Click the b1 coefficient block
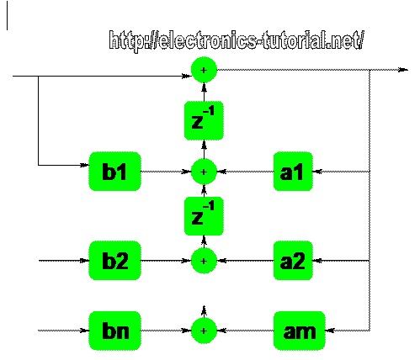[114, 172]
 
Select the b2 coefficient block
[114, 261]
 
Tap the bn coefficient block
[114, 331]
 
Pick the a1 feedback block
[293, 172]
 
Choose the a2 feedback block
[293, 261]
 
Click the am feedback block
[300, 331]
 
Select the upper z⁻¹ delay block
[204, 120]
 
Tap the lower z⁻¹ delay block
[204, 216]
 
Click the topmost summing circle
[204, 70]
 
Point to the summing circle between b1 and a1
[204, 172]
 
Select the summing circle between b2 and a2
[204, 261]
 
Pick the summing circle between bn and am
[204, 331]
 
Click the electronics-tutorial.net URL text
[237, 41]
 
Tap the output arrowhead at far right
[403, 70]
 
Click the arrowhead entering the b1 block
[84, 165]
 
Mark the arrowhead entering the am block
[330, 331]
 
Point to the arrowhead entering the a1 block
[317, 172]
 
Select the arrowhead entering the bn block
[84, 331]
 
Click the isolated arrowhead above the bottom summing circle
[204, 310]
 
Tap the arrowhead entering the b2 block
[84, 261]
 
